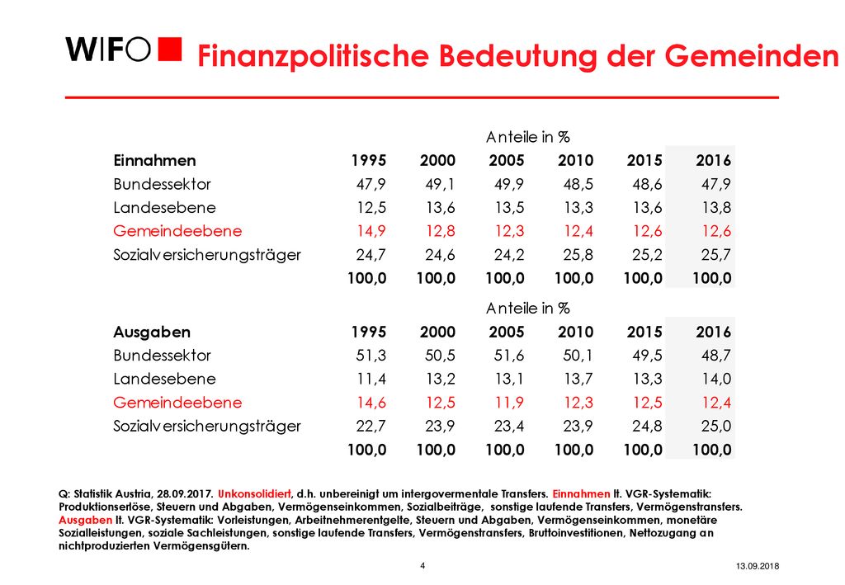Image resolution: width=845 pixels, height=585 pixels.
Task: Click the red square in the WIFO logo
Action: pos(170,49)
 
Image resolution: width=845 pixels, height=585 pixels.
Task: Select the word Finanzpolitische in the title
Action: pos(313,56)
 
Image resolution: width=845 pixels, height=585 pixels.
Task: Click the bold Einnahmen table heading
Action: pos(154,161)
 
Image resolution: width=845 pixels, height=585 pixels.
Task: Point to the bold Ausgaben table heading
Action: pos(152,333)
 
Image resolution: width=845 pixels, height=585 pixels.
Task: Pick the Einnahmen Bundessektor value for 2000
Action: pos(440,184)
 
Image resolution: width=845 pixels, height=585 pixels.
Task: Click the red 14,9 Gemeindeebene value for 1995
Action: pos(371,231)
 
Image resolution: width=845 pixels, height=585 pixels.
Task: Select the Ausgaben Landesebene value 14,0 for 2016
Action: pos(716,380)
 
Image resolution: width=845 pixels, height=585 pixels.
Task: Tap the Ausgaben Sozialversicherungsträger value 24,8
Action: pos(647,426)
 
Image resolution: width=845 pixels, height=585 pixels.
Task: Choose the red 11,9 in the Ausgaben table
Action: pos(508,403)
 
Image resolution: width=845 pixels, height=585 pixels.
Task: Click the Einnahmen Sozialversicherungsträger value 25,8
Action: pos(578,255)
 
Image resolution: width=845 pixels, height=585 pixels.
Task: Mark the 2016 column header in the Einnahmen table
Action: pos(714,161)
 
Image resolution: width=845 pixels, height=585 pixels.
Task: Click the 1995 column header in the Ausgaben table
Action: pos(369,332)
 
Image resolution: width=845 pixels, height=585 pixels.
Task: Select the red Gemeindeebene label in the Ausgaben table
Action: pos(177,403)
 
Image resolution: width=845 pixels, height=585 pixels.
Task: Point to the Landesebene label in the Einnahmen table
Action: pos(164,207)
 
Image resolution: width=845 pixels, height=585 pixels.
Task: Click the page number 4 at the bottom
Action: pos(422,565)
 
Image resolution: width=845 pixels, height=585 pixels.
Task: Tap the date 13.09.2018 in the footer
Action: pos(758,566)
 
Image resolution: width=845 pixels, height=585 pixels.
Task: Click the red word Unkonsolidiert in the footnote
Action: pos(254,493)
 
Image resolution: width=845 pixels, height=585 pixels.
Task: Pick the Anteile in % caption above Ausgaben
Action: pos(527,309)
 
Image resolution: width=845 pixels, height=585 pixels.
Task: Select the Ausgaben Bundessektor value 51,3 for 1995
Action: pos(371,356)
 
